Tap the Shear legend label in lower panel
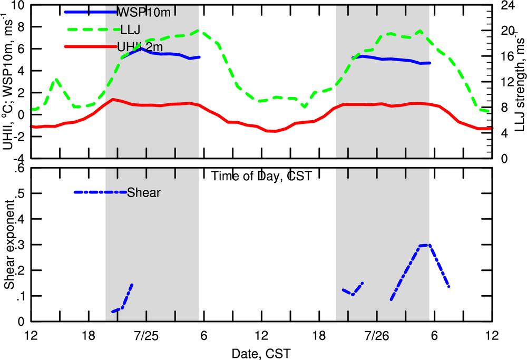144,192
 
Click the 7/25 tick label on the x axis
145,335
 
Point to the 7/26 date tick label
376,335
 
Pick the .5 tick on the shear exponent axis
21,193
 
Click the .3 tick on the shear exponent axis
21,244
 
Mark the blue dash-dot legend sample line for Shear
100,192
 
